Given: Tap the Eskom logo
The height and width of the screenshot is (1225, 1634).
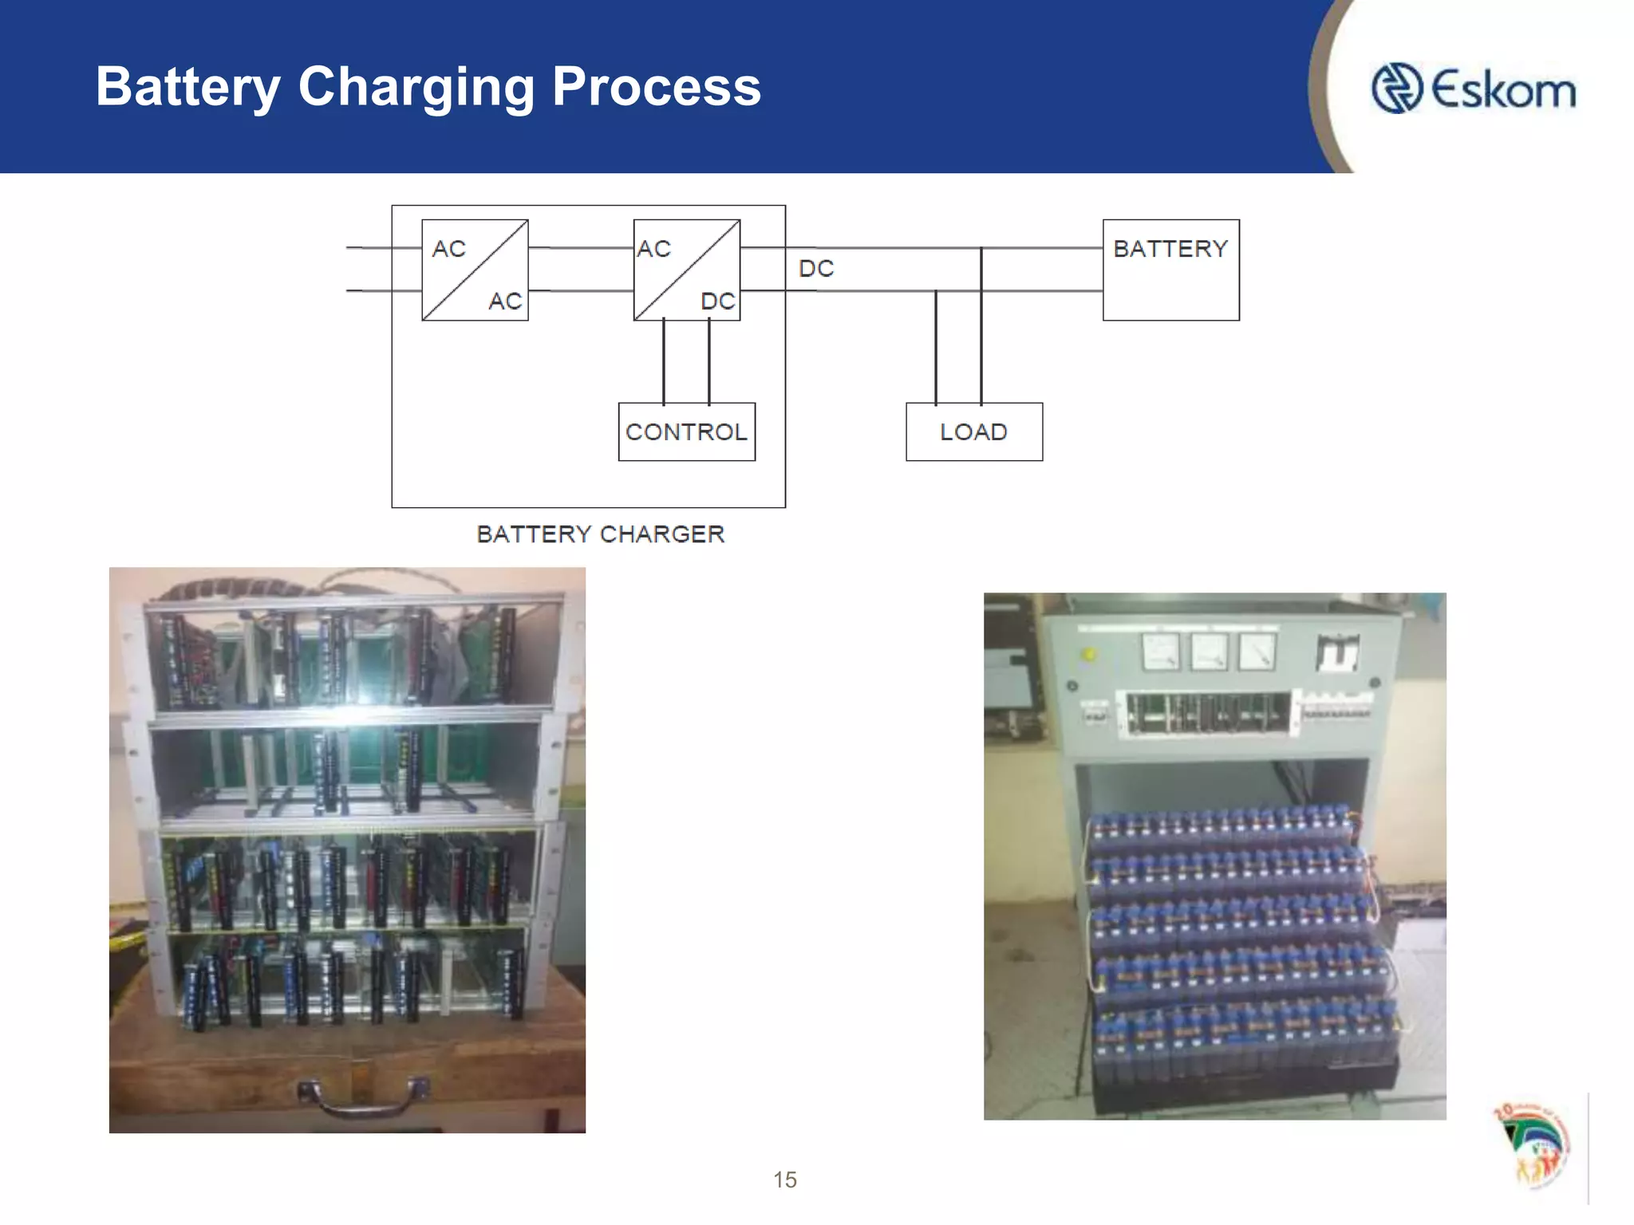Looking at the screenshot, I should [x=1473, y=89].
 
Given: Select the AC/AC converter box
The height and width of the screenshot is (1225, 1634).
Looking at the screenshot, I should [x=475, y=270].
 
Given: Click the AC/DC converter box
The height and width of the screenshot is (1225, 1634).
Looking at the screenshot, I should [x=687, y=270].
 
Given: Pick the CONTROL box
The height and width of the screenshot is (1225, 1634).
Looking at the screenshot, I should [x=687, y=431].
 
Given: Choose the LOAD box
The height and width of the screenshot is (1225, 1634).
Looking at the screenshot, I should [x=974, y=431].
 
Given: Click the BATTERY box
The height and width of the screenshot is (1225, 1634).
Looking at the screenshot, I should [x=1170, y=270].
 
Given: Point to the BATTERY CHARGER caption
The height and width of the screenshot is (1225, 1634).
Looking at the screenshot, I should [x=600, y=534].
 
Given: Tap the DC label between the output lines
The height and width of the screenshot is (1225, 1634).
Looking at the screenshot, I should [x=816, y=269].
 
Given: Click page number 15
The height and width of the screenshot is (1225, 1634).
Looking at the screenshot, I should [x=785, y=1180].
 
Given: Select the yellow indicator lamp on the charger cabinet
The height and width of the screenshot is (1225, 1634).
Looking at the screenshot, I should [x=1087, y=655].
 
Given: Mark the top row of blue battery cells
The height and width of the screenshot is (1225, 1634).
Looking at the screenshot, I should [x=1221, y=825].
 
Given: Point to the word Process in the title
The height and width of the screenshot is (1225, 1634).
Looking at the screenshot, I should [x=656, y=88].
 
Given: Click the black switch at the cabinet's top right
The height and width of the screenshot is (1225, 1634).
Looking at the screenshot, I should [x=1337, y=652].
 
